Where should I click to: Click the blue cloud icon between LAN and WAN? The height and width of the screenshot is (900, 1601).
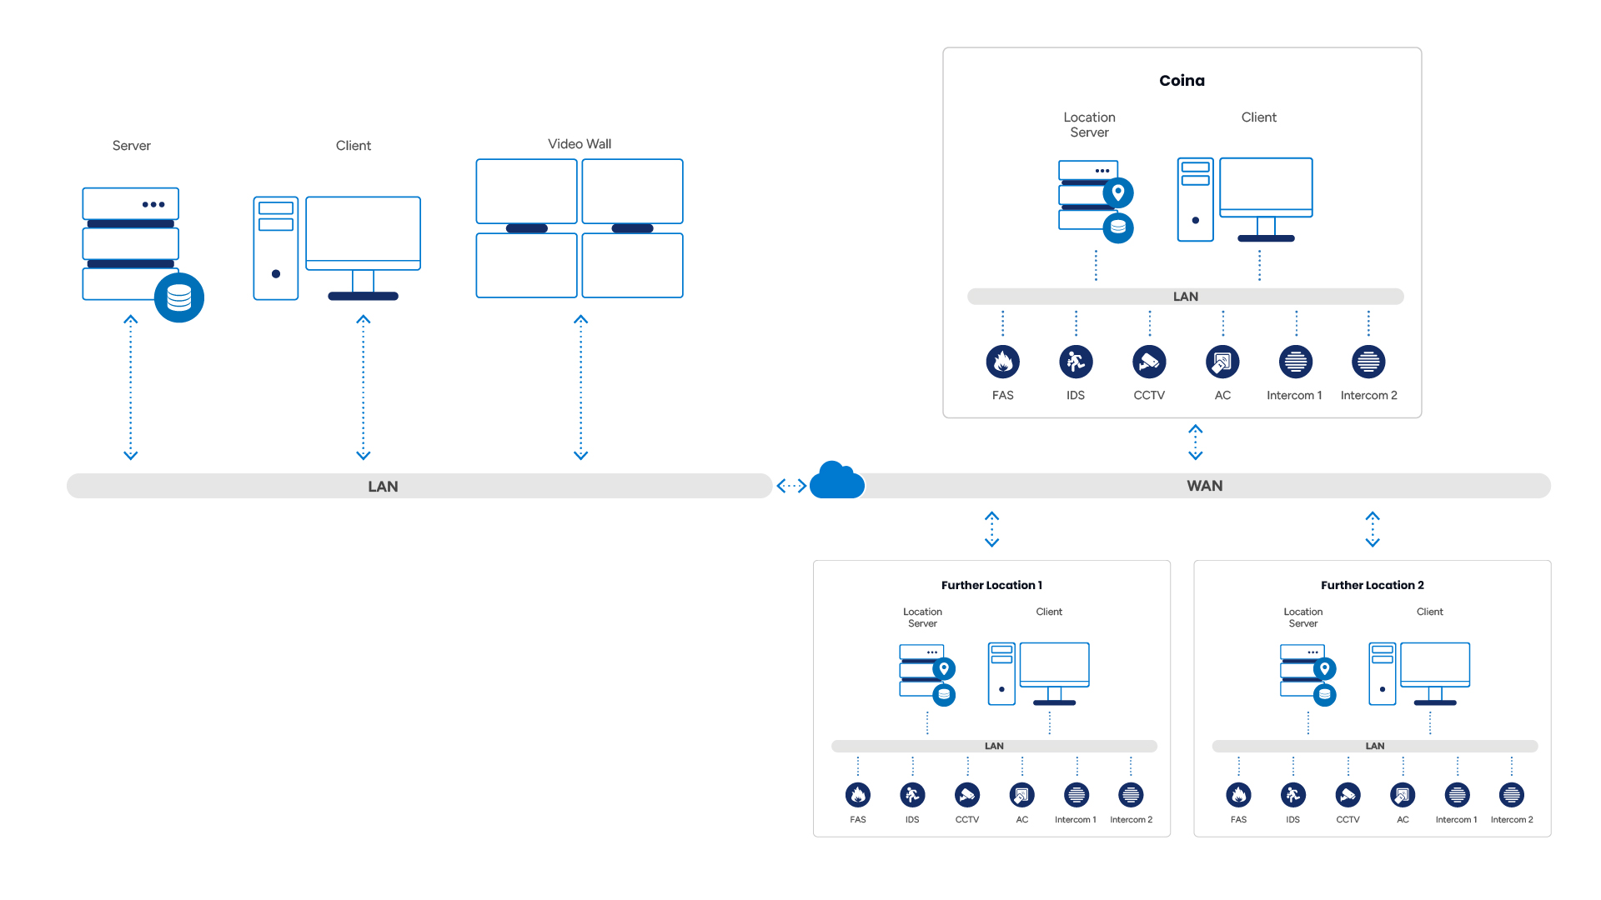point(837,481)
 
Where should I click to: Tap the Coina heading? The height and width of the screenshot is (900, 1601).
point(1182,81)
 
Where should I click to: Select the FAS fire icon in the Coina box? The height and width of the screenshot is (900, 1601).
point(1002,362)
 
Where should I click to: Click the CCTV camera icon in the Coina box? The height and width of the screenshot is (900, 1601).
point(1149,362)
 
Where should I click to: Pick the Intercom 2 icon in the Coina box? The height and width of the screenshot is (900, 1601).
point(1368,362)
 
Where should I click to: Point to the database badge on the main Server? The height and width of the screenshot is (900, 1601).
point(179,297)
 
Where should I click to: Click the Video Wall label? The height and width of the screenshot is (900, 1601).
point(580,144)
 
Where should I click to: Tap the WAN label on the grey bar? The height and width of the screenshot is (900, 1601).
point(1204,486)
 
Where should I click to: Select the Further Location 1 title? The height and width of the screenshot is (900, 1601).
point(991,585)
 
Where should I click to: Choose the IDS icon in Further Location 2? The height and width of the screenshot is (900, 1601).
point(1293,795)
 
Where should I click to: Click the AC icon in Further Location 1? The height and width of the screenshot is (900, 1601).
point(1022,795)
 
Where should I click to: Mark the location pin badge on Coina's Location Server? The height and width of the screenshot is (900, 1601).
point(1118,192)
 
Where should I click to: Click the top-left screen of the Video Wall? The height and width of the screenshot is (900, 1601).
point(526,191)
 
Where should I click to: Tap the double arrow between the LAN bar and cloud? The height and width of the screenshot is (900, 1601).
point(791,486)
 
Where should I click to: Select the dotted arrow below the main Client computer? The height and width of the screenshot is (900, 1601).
point(364,387)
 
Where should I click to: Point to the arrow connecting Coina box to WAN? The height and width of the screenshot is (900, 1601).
point(1196,442)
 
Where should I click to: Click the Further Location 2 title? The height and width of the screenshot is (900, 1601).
point(1372,585)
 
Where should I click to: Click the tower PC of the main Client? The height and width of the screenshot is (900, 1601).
point(276,248)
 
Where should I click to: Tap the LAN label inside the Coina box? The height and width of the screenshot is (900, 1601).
point(1185,297)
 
